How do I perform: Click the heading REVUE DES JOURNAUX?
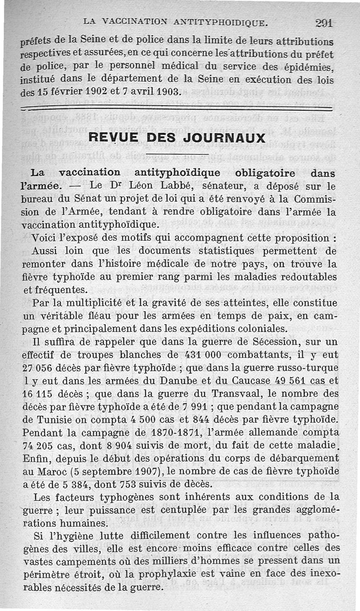click(177, 137)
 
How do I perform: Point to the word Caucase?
click(249, 380)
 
